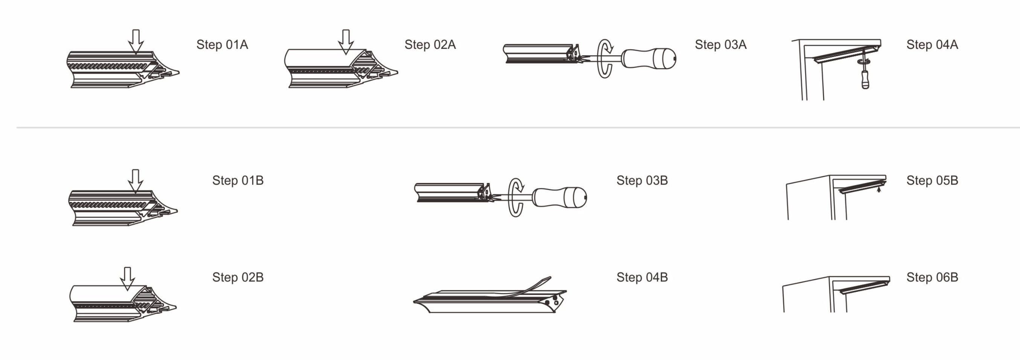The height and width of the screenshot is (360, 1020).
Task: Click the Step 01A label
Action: pos(222,45)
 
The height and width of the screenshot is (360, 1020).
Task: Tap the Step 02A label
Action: pos(430,45)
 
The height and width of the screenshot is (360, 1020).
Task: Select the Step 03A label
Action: pos(721,45)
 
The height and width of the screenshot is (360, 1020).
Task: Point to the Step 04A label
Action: pos(932,45)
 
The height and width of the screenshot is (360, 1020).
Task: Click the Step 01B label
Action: pos(238,181)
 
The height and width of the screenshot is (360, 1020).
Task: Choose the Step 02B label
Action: pos(238,277)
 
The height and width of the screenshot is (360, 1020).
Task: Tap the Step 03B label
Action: pos(642,181)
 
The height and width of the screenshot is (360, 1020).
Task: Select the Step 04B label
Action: pos(642,277)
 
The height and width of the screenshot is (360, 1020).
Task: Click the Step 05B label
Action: pos(932,181)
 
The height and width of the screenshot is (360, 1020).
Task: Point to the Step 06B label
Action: pos(932,277)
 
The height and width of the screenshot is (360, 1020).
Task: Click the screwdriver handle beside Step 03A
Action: pos(649,59)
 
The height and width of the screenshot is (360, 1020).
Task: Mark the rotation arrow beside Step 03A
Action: pos(604,59)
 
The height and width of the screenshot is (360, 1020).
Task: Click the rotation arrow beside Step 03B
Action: pos(516,197)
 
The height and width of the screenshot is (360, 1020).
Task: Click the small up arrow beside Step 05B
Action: pos(879,189)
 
